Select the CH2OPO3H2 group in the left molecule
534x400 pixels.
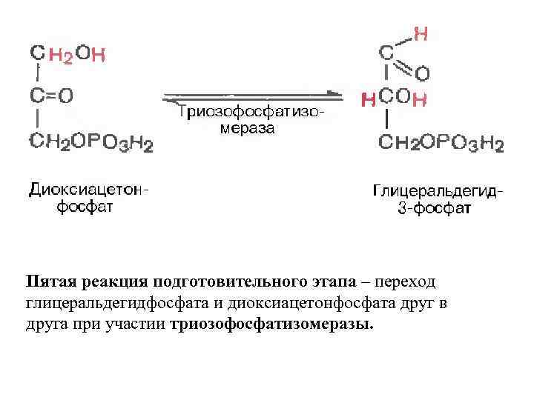(x=90, y=142)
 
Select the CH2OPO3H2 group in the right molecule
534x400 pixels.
(x=441, y=142)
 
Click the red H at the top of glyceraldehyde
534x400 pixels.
(x=421, y=33)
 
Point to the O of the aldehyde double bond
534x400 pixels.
(x=421, y=73)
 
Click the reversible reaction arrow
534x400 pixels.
(x=252, y=96)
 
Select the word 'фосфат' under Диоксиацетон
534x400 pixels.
(x=85, y=207)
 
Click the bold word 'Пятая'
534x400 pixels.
(x=51, y=282)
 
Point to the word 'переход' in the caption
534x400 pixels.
(x=407, y=282)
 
